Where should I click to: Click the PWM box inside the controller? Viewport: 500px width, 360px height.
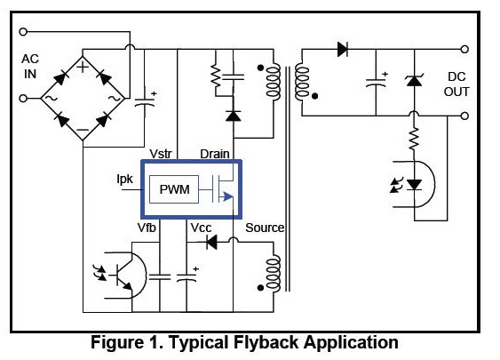tap(174, 189)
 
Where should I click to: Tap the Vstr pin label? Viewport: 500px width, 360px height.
tap(161, 154)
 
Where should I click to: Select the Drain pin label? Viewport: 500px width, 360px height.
tap(215, 154)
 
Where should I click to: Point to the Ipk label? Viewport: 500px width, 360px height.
tap(124, 180)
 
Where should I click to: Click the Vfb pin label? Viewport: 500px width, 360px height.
tap(147, 228)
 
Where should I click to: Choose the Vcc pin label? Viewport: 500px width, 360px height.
tap(201, 228)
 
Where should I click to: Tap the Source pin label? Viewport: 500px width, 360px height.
tap(265, 228)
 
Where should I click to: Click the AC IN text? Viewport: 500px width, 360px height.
tap(30, 67)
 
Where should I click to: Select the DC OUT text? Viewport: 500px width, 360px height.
tap(456, 84)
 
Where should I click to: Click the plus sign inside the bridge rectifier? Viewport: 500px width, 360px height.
tap(83, 67)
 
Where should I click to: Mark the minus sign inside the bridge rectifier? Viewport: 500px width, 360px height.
tap(83, 130)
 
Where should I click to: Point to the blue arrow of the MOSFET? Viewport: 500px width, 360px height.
tap(227, 196)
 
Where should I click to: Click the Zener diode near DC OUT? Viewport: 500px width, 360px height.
tap(414, 80)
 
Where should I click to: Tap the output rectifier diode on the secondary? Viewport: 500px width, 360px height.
tap(343, 49)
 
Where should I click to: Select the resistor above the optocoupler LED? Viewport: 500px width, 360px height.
tap(414, 139)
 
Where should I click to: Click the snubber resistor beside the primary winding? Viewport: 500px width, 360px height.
tap(216, 76)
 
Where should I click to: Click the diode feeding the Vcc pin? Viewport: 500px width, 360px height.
tap(211, 242)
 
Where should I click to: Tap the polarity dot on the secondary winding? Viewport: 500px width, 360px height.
tap(314, 96)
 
